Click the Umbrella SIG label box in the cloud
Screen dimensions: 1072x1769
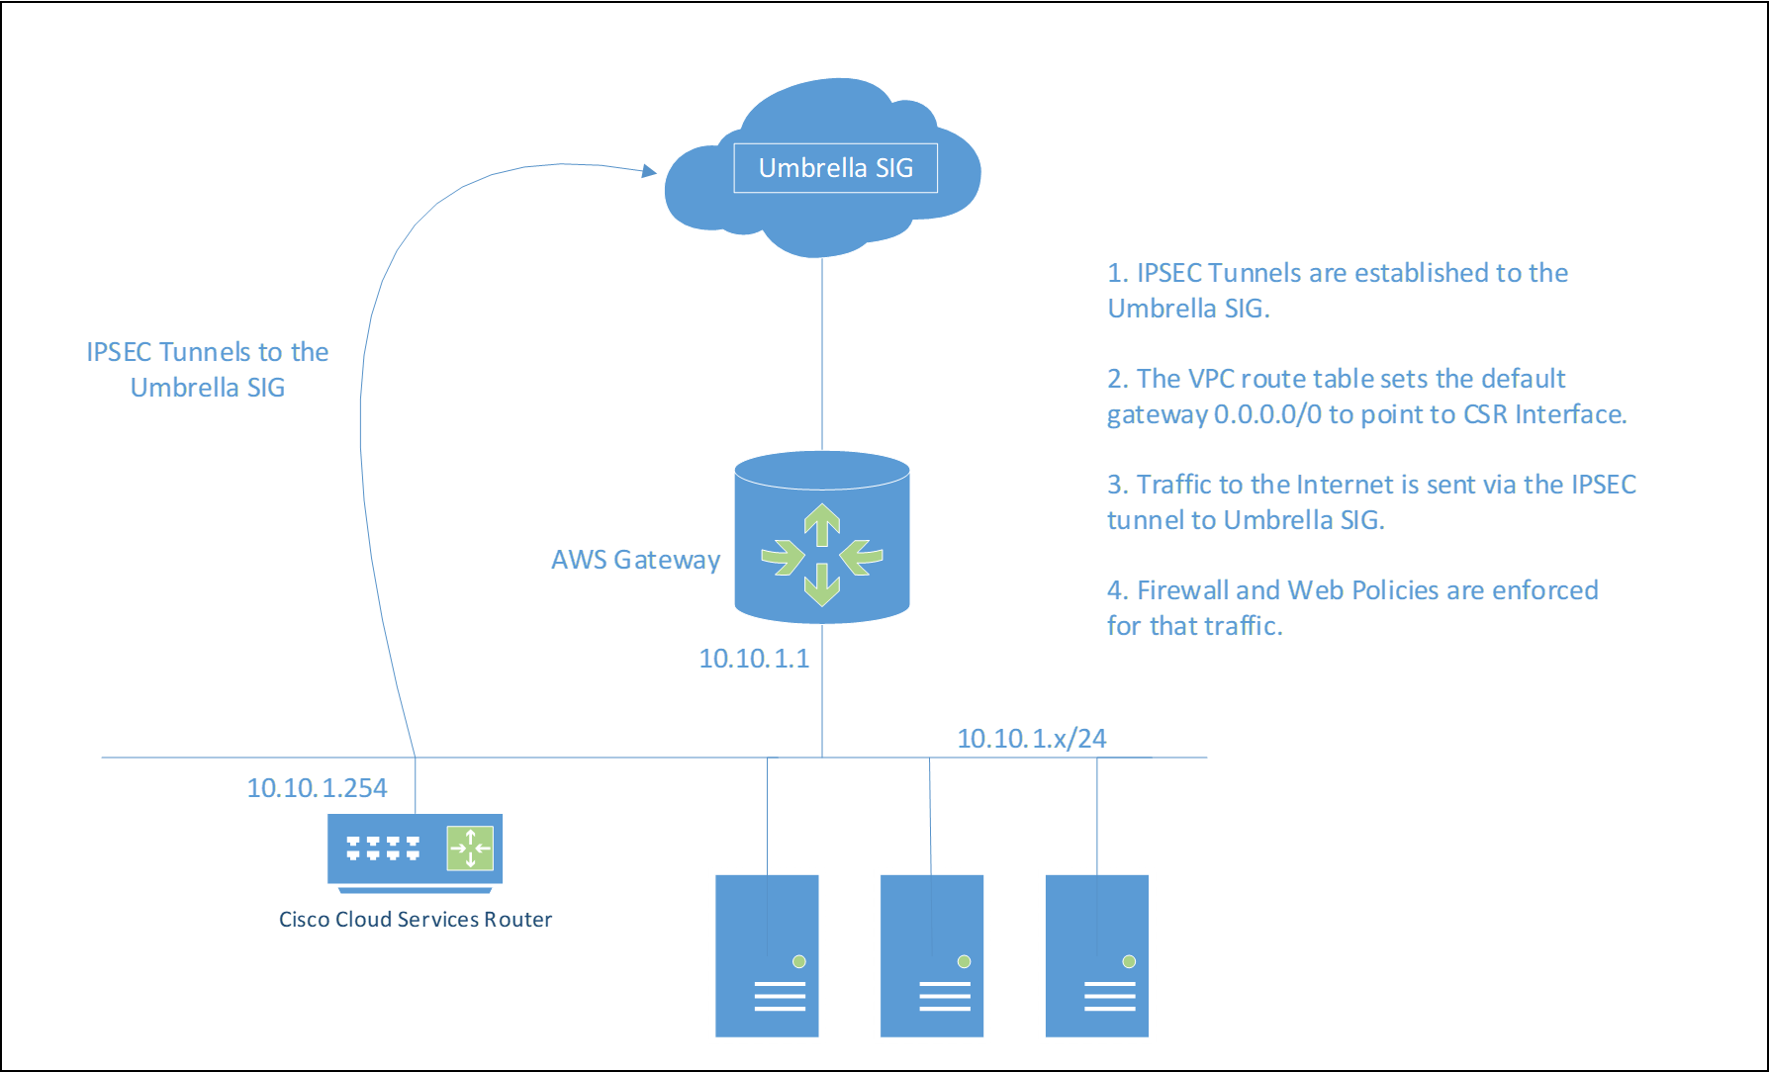[835, 168]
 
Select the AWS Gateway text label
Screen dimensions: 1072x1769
[635, 560]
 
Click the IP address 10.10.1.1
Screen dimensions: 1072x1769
[754, 659]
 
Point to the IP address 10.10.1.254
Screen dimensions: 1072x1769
[317, 788]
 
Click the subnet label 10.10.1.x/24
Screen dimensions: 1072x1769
[1031, 739]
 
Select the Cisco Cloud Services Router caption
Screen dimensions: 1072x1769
[416, 920]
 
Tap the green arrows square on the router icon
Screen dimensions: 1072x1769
[470, 848]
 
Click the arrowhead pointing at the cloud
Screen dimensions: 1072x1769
[649, 171]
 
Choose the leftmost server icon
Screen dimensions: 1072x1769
[767, 955]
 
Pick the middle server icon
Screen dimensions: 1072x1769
[932, 955]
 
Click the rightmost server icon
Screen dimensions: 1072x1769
[1096, 955]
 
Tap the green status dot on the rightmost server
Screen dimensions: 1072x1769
[1129, 961]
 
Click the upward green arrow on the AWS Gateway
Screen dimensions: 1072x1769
[821, 523]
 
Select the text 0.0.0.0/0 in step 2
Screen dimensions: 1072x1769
[1267, 414]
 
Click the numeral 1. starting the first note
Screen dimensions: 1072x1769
[1117, 273]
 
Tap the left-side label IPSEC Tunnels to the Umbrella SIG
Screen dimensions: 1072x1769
[208, 370]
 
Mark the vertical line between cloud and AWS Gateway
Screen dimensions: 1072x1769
[821, 356]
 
